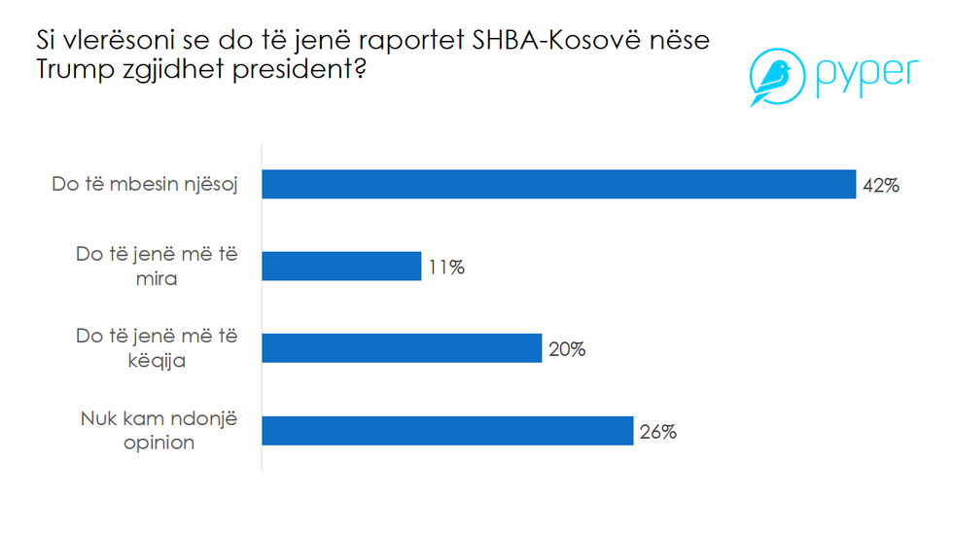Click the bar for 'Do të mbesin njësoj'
point(559,184)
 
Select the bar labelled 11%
point(342,267)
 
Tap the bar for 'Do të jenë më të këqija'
point(403,348)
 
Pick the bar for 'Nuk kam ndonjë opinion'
point(448,431)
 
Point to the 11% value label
point(445,268)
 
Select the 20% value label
point(566,349)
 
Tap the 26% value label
point(657,432)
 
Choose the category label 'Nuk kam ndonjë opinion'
point(158,431)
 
